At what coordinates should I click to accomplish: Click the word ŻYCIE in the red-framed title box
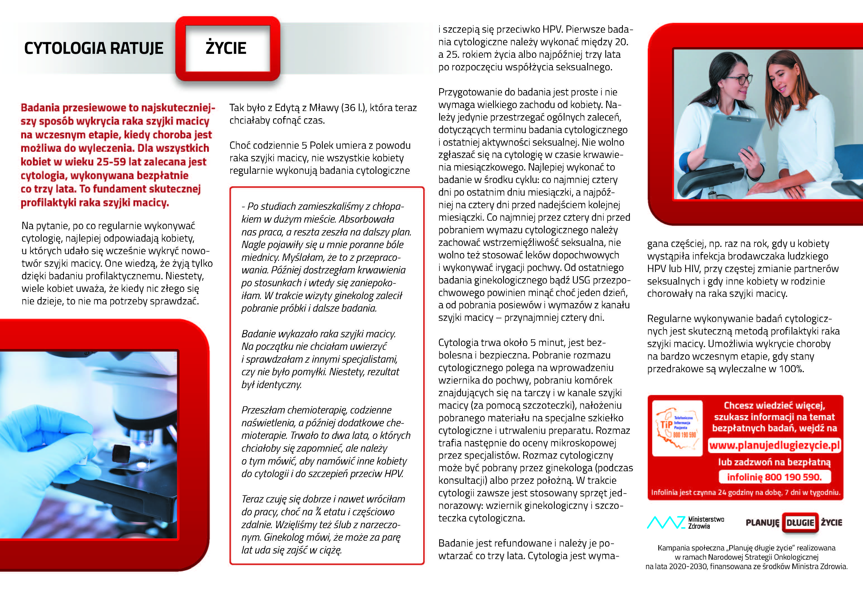226,48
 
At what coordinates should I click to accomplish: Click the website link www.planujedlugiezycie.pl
774,445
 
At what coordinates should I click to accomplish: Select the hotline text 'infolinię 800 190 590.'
774,477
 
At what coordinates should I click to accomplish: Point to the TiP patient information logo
677,428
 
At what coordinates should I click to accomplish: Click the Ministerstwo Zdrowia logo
685,522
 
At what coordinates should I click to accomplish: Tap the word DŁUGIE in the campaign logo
800,523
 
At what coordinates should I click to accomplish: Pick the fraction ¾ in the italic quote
318,512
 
